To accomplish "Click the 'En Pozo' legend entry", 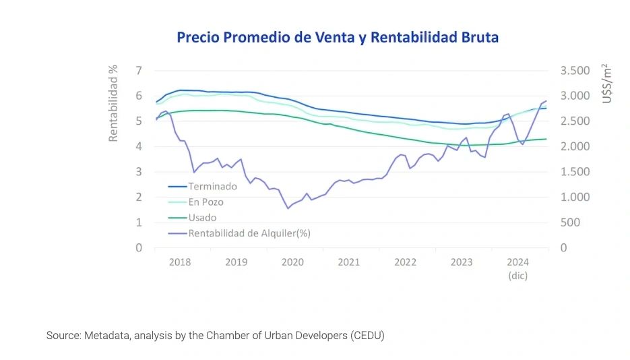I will click(206, 202).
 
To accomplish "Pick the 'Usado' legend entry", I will click(202, 218).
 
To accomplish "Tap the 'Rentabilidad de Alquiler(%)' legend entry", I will click(249, 233).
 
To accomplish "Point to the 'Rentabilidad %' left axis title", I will click(114, 103).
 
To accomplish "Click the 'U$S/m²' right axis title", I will click(607, 84).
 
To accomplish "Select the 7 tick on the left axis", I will click(138, 71).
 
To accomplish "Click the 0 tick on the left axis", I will click(138, 248).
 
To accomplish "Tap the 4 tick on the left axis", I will click(138, 146).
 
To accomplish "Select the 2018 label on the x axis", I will click(179, 262).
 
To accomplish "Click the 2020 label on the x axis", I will click(292, 262).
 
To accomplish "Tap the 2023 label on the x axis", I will click(462, 262).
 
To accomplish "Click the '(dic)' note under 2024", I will click(517, 276).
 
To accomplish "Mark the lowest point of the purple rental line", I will click(288, 208).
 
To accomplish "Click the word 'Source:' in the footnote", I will click(63, 335).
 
